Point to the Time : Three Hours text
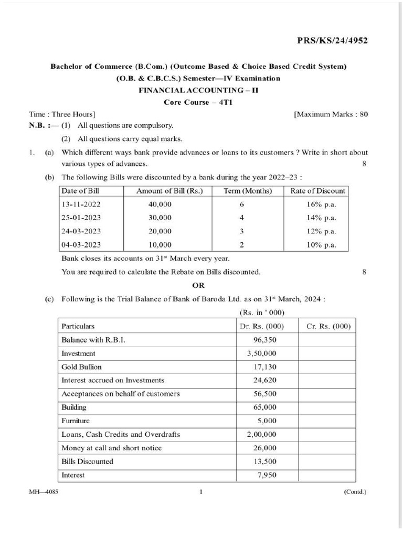(x=62, y=114)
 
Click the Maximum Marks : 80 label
(x=331, y=114)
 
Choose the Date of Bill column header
(x=80, y=190)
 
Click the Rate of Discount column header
(x=317, y=190)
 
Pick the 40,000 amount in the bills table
(x=160, y=204)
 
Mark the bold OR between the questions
(x=198, y=286)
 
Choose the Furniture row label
(x=76, y=421)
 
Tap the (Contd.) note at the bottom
(x=355, y=492)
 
